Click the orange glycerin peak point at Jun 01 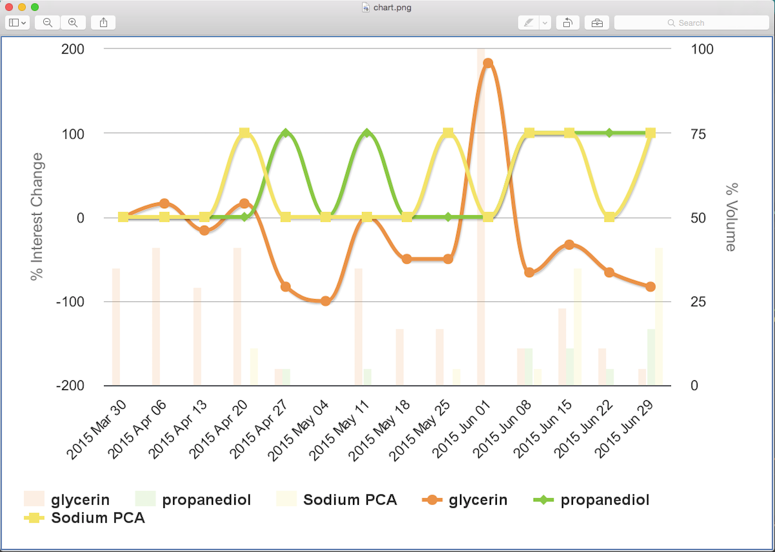[488, 63]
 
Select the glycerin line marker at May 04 [326, 301]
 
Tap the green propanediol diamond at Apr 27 [286, 133]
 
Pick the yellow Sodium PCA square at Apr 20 [245, 133]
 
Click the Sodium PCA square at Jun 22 [610, 217]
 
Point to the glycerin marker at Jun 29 [650, 287]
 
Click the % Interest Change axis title [37, 217]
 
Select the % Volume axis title [731, 217]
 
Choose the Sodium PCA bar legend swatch [286, 499]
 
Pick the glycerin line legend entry [464, 500]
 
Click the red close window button [9, 7]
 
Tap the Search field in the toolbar [691, 23]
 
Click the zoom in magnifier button [73, 23]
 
